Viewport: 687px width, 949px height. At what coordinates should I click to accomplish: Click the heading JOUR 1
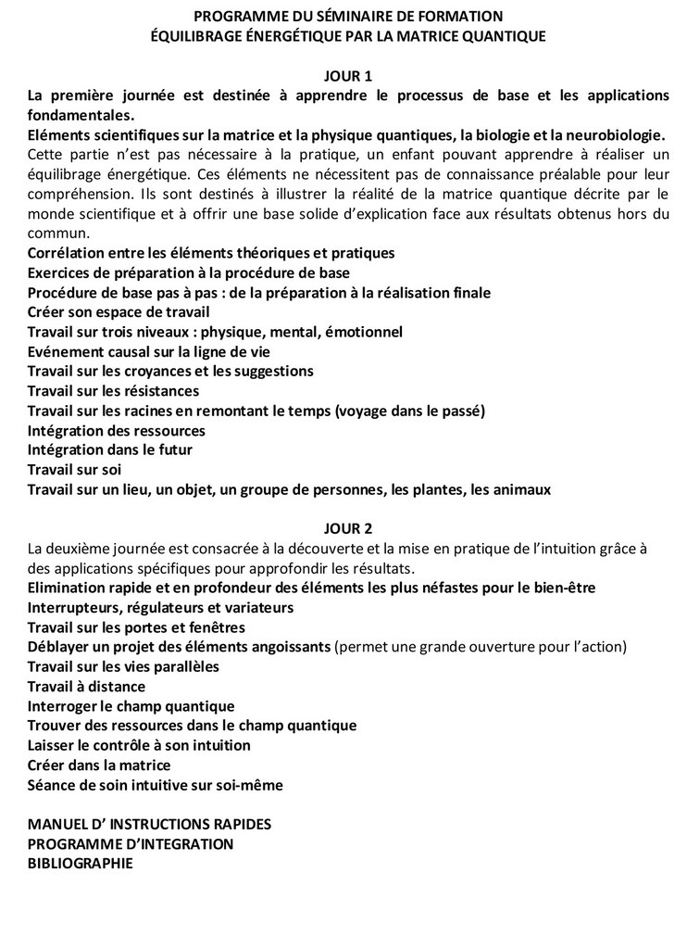348,75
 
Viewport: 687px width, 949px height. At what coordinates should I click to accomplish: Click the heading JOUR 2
348,529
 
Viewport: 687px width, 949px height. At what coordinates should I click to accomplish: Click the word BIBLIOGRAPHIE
81,863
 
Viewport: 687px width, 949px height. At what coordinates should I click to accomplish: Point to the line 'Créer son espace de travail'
119,311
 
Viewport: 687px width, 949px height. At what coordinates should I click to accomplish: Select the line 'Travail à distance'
86,687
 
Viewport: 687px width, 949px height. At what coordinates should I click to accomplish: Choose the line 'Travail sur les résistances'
113,390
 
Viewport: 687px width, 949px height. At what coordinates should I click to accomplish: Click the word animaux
520,489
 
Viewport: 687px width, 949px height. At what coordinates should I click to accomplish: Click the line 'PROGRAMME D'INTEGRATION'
131,843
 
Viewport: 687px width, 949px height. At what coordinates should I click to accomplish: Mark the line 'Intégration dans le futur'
110,449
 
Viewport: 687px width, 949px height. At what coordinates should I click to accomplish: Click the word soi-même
250,785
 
